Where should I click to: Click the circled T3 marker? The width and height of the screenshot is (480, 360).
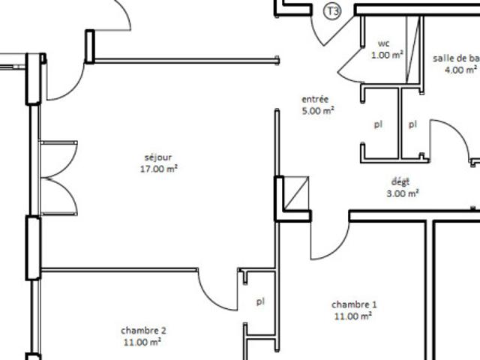coord(332,12)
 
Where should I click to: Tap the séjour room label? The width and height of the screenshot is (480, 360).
coord(158,157)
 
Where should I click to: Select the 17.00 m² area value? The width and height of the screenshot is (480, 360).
coord(159,169)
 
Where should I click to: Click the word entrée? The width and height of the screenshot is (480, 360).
coord(315,99)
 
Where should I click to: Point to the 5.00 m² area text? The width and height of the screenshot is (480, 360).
coord(318,110)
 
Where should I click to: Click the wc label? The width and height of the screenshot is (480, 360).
coord(384,43)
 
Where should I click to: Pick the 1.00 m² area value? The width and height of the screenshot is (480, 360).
coord(387,55)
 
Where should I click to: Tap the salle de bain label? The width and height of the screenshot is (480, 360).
coord(456,58)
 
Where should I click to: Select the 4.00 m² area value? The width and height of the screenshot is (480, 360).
coord(460,70)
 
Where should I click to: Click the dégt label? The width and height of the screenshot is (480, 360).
coord(400,182)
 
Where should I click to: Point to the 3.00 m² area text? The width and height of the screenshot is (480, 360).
coord(403,193)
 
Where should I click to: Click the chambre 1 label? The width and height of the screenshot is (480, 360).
coord(354,304)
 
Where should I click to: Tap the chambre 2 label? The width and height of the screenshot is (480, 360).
coord(143,331)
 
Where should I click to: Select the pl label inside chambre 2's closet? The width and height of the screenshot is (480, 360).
coord(260,301)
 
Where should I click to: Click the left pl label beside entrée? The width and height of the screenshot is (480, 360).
coord(378,124)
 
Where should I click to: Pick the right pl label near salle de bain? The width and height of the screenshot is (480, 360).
coord(413,124)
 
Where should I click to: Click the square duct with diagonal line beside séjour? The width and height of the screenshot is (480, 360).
coord(296,193)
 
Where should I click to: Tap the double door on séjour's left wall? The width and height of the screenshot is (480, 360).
coord(58,178)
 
